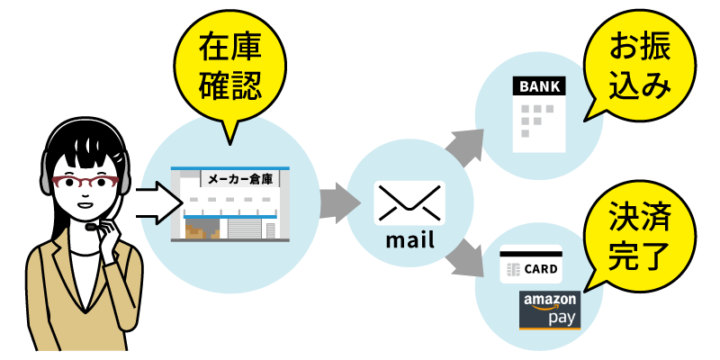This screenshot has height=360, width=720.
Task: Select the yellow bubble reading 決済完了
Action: [640, 236]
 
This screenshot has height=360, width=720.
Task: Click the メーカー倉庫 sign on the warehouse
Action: [238, 179]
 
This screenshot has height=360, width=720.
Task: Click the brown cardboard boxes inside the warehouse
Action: [201, 230]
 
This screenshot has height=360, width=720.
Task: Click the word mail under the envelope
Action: [409, 240]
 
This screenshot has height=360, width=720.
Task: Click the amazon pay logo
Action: [550, 309]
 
